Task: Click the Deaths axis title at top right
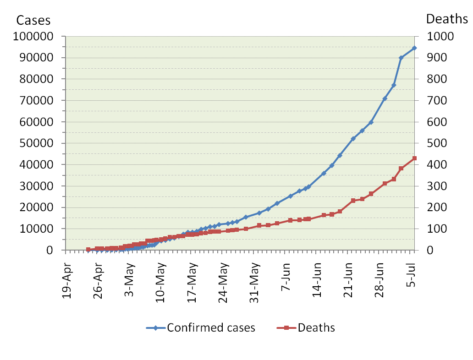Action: [x=447, y=19]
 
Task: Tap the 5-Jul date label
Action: [x=414, y=277]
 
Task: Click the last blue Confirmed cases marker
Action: [x=414, y=48]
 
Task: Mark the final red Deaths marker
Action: [x=414, y=158]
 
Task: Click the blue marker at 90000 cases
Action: [x=401, y=58]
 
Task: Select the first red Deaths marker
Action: [x=88, y=250]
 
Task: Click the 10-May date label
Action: [x=161, y=280]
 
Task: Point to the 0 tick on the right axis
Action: [x=429, y=251]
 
